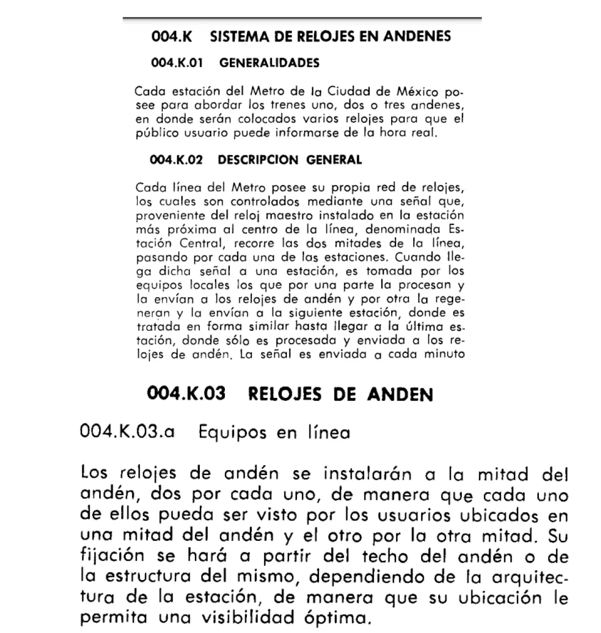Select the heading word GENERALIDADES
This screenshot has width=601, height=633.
(x=269, y=63)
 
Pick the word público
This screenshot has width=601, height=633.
(x=155, y=134)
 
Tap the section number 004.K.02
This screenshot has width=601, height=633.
(x=176, y=160)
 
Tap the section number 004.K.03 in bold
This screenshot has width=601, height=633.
(x=186, y=394)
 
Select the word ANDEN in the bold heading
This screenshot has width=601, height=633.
(x=400, y=394)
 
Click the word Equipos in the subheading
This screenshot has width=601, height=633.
(x=232, y=432)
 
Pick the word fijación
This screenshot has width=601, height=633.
(x=105, y=557)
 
